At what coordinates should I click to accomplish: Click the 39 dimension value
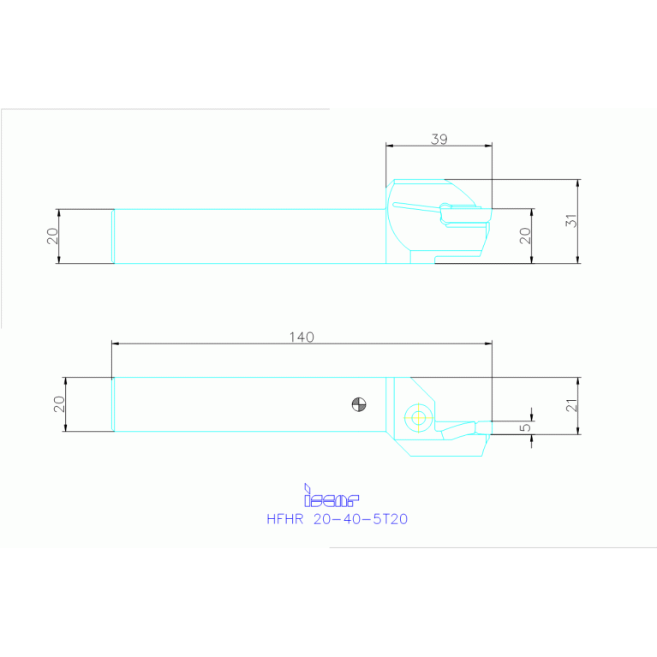click(x=439, y=139)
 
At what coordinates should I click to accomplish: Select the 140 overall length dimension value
click(x=302, y=337)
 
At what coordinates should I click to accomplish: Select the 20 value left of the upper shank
click(x=53, y=236)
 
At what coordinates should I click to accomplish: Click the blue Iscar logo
click(x=331, y=497)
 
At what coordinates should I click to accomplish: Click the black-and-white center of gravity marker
click(x=359, y=404)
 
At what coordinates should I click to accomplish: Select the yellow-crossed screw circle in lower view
click(x=418, y=418)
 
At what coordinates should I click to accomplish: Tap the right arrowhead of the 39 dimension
click(x=489, y=146)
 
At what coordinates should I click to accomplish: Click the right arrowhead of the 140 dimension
click(x=488, y=343)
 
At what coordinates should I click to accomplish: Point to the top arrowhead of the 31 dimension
click(x=580, y=182)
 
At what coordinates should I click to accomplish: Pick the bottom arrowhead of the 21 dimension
click(x=580, y=431)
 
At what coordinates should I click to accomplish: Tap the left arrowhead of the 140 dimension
click(x=116, y=343)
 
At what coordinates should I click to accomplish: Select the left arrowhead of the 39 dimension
click(x=390, y=146)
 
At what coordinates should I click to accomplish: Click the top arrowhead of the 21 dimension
click(x=580, y=380)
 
